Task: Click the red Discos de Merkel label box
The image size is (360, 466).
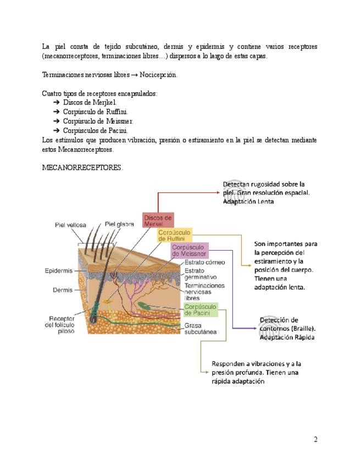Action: [x=158, y=221]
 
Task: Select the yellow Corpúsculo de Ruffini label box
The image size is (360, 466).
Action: [x=174, y=236]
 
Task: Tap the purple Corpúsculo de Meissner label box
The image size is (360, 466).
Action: [x=189, y=251]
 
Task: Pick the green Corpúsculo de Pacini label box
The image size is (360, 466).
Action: [x=200, y=309]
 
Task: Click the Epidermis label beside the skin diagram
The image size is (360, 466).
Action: [x=58, y=271]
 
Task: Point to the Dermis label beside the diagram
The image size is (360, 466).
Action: [x=63, y=290]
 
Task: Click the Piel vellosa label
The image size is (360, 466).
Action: [x=70, y=225]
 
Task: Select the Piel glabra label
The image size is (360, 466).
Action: [x=120, y=224]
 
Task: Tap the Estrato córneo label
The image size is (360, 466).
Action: [x=202, y=263]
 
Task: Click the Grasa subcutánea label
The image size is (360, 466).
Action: [x=200, y=328]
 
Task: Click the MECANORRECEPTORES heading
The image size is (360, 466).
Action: [x=82, y=168]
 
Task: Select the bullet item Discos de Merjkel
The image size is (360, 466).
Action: [x=90, y=103]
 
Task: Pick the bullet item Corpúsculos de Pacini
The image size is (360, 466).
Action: [x=95, y=131]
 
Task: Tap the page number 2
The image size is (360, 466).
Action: [x=315, y=439]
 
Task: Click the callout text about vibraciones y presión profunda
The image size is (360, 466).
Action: [x=256, y=373]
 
